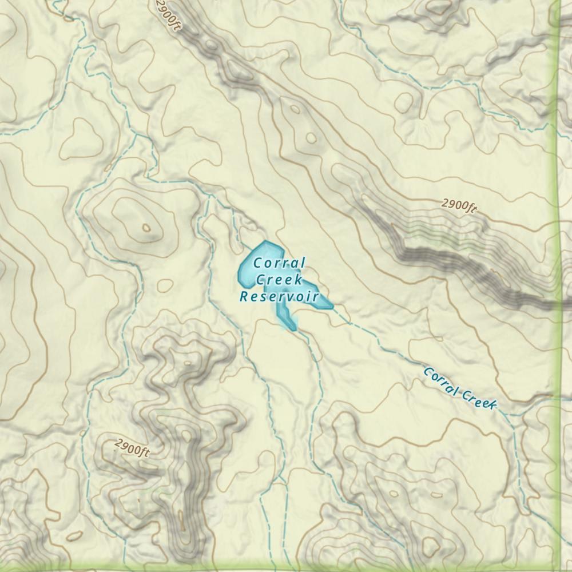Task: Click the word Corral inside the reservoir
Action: tap(279, 264)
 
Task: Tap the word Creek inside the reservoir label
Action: tap(279, 280)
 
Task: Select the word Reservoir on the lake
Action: tap(279, 297)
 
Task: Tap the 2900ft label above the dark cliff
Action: tap(459, 206)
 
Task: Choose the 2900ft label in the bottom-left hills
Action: tap(132, 448)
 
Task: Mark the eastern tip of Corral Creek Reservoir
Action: tap(330, 306)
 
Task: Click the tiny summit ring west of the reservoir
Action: tap(146, 228)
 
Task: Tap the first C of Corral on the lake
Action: tap(257, 264)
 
